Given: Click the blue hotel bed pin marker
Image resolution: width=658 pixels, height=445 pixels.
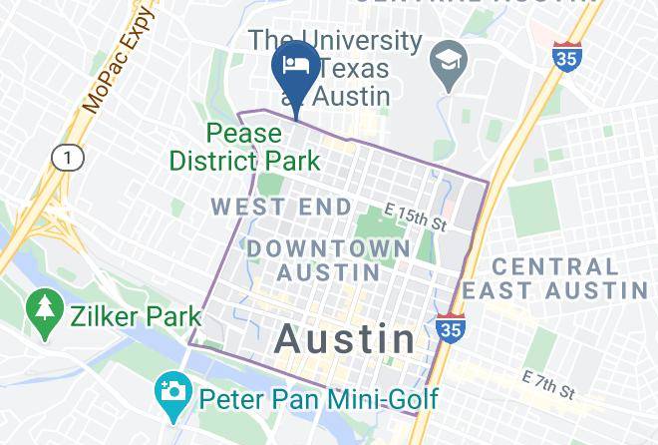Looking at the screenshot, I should [x=295, y=68].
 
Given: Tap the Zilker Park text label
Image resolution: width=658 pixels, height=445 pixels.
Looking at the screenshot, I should [x=135, y=317].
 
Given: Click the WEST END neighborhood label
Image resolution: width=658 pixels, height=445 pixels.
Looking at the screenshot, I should [x=282, y=208].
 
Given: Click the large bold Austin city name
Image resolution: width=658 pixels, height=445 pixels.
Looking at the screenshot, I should [x=345, y=338].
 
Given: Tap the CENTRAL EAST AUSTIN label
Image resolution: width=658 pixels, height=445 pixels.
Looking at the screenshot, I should [x=568, y=278].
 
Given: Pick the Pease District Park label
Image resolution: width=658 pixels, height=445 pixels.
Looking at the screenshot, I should [x=245, y=147].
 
